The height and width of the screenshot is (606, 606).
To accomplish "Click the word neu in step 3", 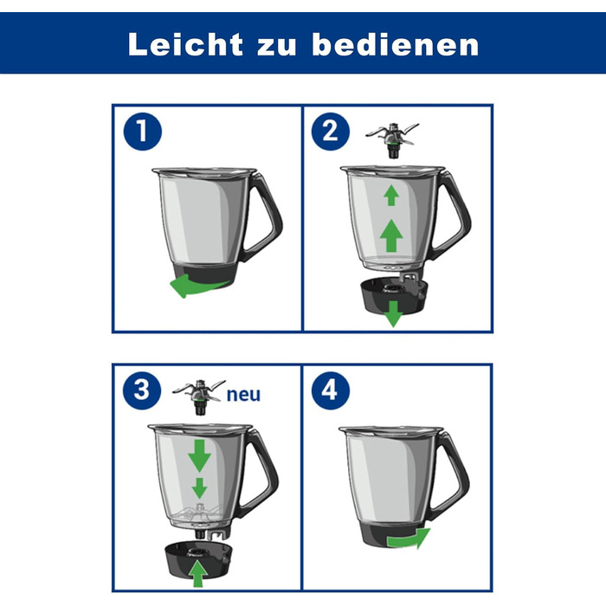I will tap(242, 395).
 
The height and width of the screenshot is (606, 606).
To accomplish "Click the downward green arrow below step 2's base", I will tap(394, 315).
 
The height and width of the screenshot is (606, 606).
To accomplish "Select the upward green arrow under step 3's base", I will tap(200, 572).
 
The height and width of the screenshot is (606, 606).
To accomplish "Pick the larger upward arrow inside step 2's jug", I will tap(392, 234).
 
